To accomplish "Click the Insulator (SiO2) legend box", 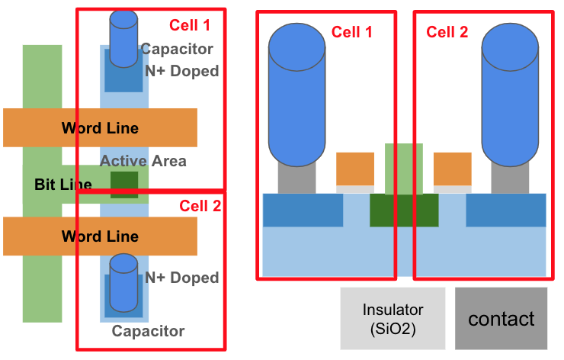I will [393, 318].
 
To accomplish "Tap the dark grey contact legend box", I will [501, 318].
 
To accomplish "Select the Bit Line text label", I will [63, 185].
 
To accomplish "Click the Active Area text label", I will [143, 161].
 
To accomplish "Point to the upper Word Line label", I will [100, 127].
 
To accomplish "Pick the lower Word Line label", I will [100, 236].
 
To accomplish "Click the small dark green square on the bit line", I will [124, 185].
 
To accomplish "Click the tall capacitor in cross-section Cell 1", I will [296, 95].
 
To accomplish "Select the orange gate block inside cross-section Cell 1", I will [355, 169].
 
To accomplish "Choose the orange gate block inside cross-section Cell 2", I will [453, 169].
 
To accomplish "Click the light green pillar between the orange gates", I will [404, 169].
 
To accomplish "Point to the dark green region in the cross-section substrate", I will [404, 211].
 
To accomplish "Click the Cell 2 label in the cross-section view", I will [447, 32].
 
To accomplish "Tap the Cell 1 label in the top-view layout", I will [189, 25].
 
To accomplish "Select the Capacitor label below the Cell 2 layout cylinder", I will [148, 331].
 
